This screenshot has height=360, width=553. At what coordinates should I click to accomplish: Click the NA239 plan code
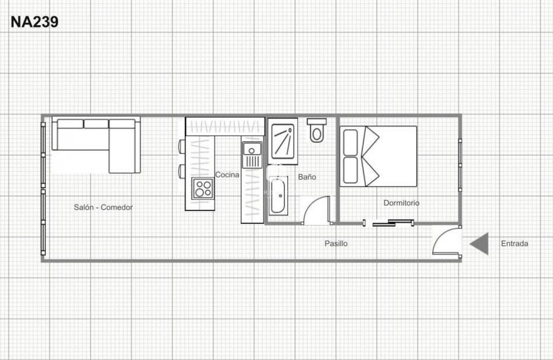coord(34,22)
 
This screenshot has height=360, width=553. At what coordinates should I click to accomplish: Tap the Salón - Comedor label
coord(103,207)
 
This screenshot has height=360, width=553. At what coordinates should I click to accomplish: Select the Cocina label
coord(227,175)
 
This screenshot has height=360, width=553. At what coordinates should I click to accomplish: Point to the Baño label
coord(307,177)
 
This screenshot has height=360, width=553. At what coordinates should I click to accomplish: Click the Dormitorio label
coord(401,203)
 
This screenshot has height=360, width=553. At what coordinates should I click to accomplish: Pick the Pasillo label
coord(336,243)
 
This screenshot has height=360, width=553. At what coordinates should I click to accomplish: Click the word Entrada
coord(514,243)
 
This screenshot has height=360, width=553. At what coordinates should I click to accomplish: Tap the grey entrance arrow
coord(480,243)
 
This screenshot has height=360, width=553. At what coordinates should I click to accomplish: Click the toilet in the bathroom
coord(317,130)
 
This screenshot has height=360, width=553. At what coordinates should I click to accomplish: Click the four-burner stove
coord(203,189)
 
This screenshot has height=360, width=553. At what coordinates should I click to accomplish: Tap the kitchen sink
coord(252,150)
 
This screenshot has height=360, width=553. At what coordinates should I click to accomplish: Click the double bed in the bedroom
coord(378,156)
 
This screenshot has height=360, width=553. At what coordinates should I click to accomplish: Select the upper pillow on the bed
coord(350,142)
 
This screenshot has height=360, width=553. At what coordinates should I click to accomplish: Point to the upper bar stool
coord(182,146)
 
